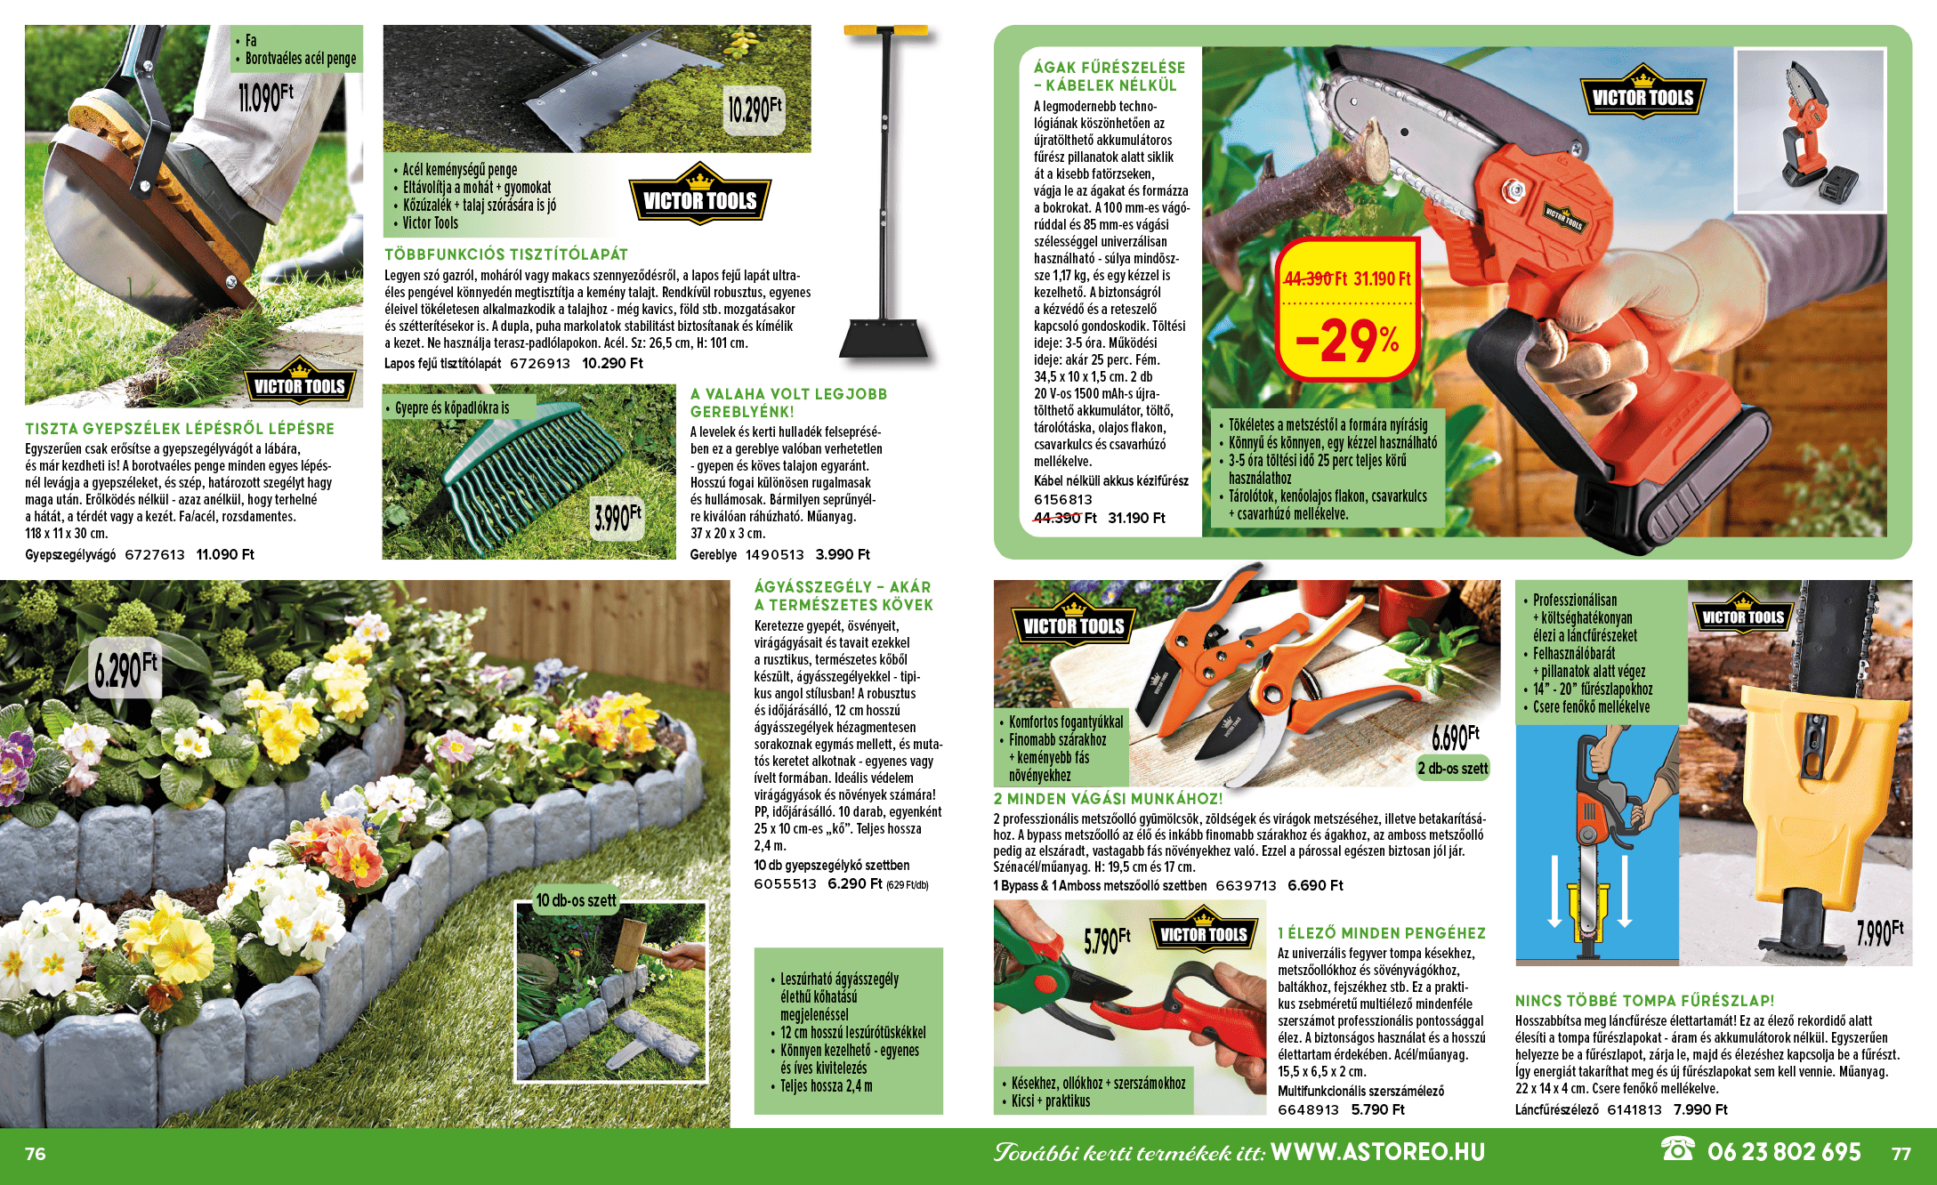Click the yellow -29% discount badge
coord(1347,310)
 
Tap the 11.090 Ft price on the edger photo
coord(265,97)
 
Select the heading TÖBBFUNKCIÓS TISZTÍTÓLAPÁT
coord(506,254)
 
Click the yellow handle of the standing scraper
coord(886,31)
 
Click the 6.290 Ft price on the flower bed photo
coord(126,669)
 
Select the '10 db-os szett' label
coord(576,900)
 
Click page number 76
coord(36,1154)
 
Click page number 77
coord(1901,1154)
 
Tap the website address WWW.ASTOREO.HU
coord(1378,1152)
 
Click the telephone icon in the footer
coord(1678,1149)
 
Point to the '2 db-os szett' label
coord(1453,769)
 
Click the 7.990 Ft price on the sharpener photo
coord(1879,932)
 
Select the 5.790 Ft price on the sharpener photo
coord(1107,939)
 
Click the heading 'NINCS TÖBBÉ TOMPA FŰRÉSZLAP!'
coord(1645,1001)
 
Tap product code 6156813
coord(1063,500)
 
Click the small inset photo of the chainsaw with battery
coord(1810,130)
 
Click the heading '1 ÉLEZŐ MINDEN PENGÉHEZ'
coord(1382,933)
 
